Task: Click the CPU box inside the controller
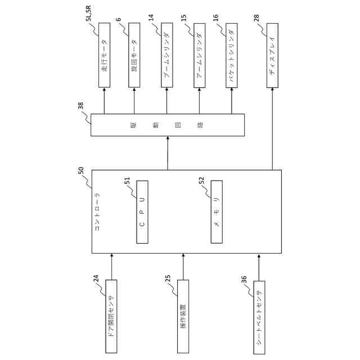pos(142,212)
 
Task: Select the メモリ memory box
pos(217,212)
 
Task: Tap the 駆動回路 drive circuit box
pos(168,124)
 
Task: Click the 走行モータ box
pos(104,55)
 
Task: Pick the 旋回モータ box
pos(134,55)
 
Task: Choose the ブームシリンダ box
pos(168,55)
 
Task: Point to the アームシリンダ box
pos(200,55)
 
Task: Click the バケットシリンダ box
pos(231,55)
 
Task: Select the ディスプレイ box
pos(273,55)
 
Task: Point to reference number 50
pos(80,169)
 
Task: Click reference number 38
pos(80,105)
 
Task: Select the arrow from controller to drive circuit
pos(168,153)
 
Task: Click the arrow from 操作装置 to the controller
pos(183,266)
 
